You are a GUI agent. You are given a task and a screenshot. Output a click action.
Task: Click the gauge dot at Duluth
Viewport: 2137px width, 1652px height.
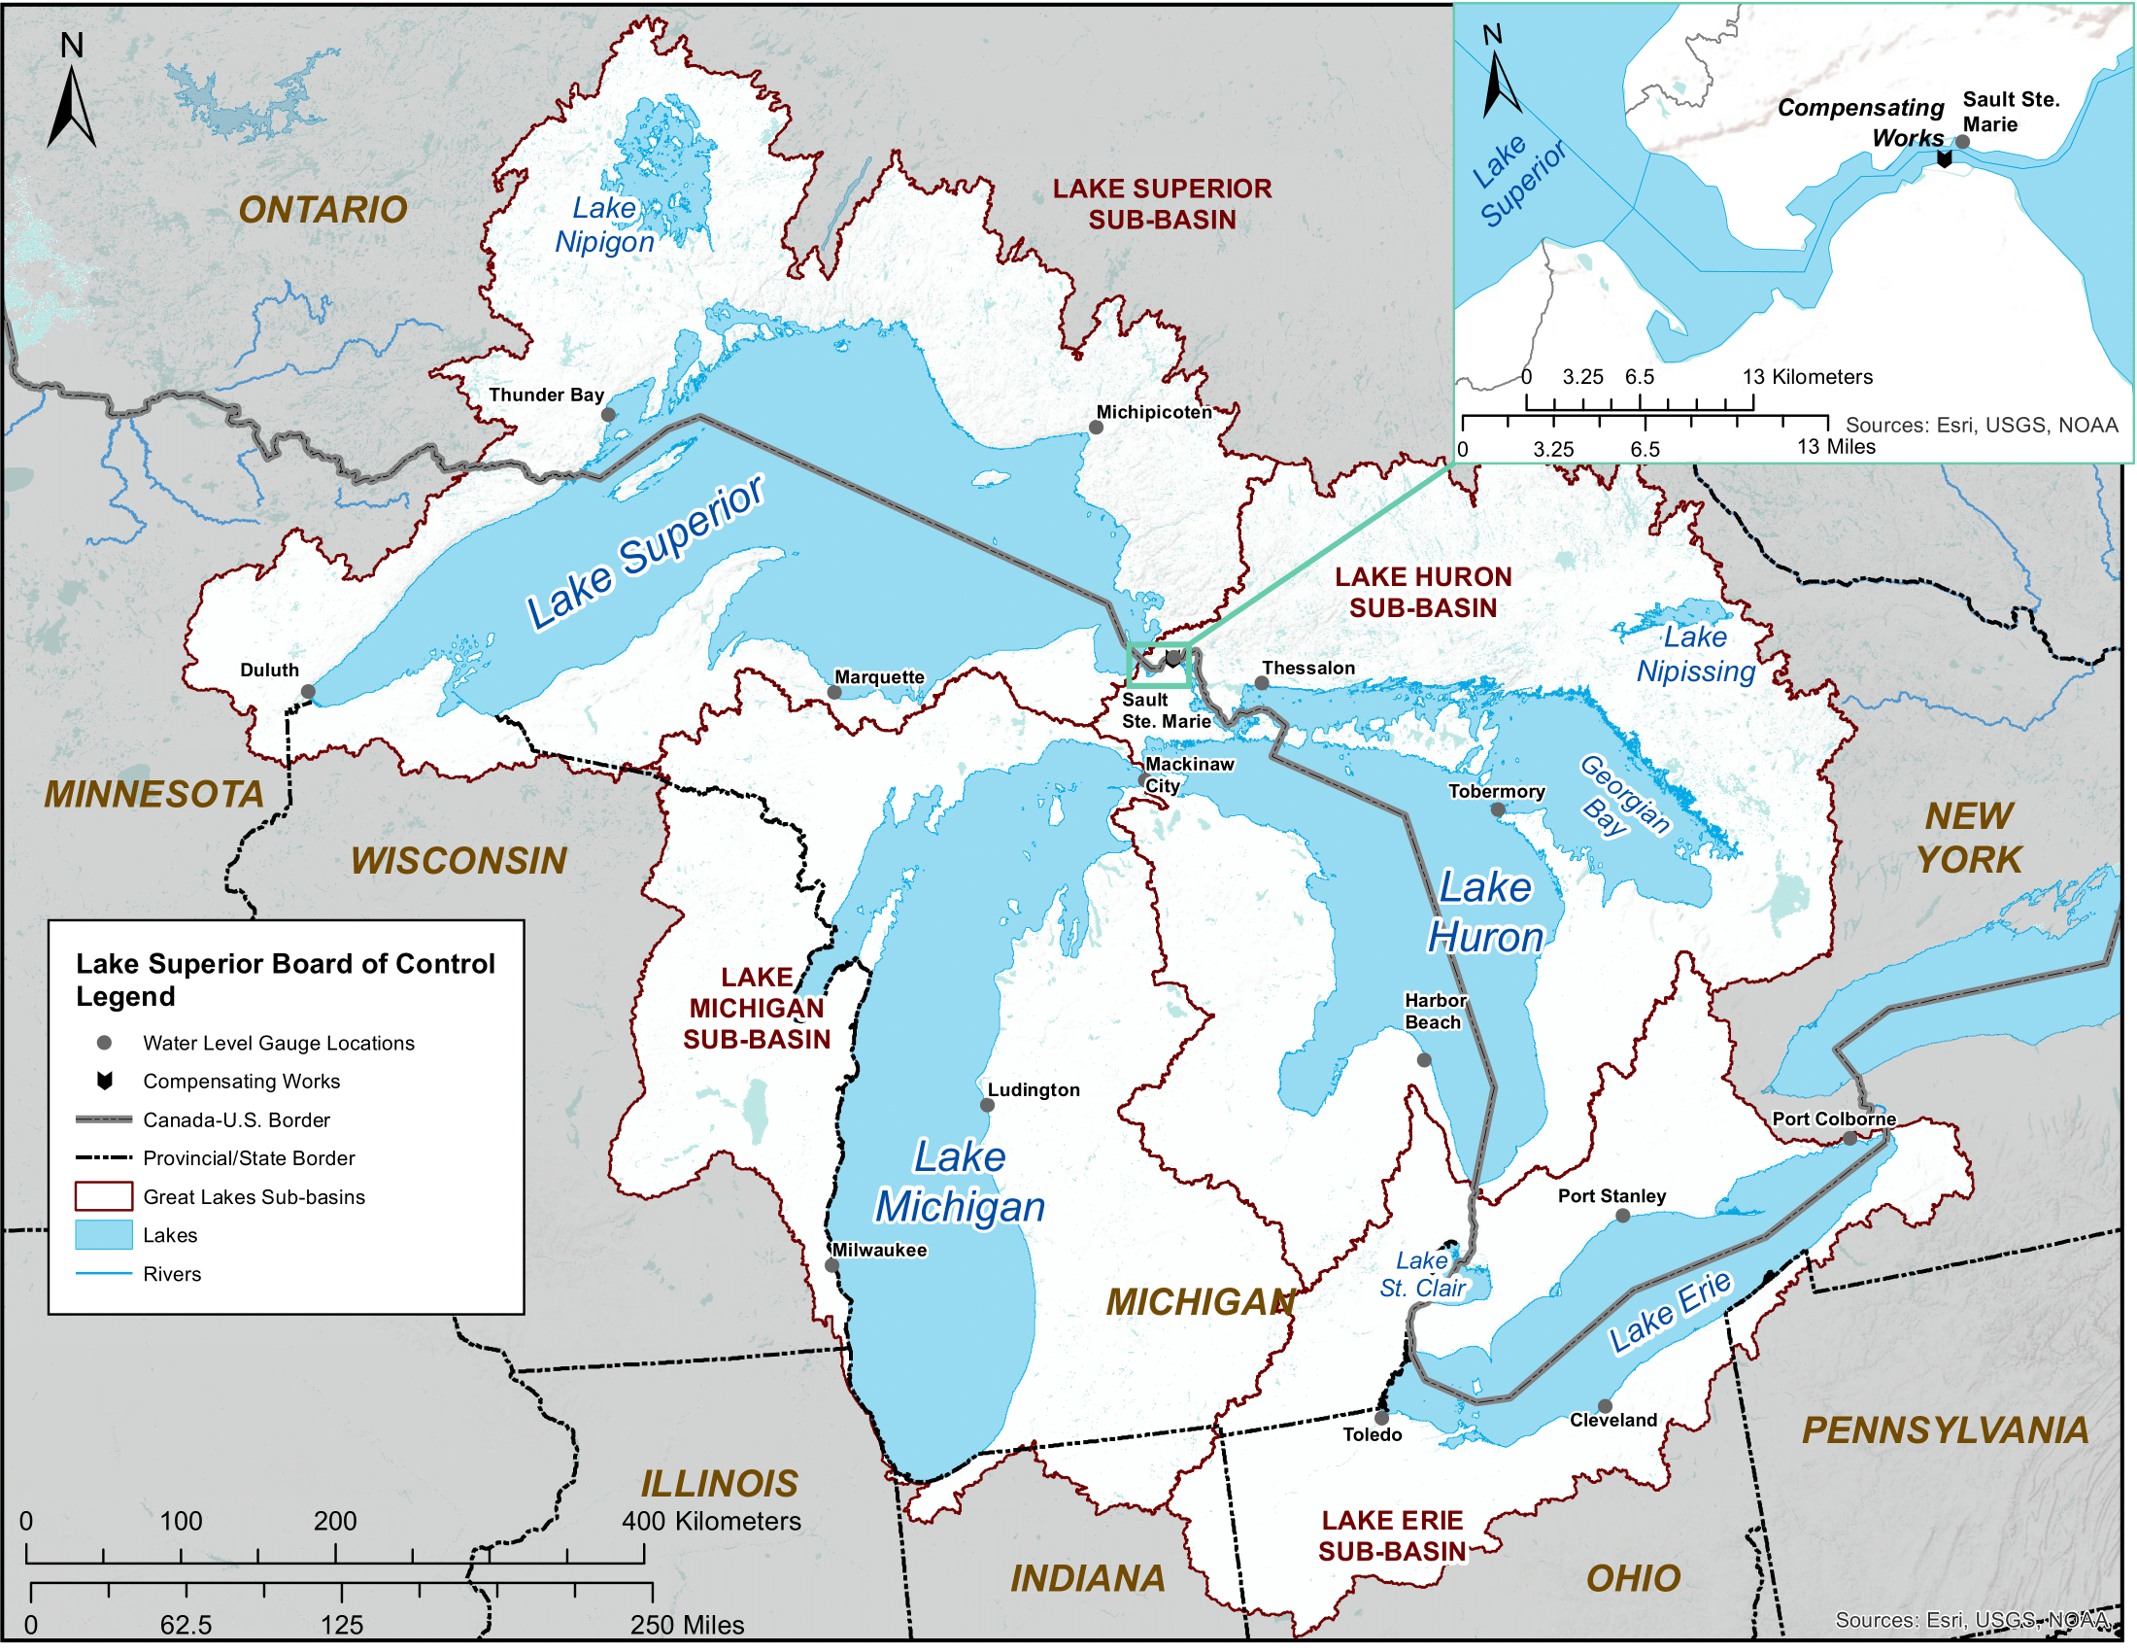308,692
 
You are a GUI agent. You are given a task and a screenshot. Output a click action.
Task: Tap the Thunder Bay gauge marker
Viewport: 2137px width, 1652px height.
608,415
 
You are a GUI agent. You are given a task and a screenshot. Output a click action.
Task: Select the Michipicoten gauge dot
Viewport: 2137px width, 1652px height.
1096,428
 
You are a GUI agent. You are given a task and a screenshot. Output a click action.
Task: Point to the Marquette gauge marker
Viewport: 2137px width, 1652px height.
833,692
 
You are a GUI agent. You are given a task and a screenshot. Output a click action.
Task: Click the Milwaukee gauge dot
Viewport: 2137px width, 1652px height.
831,1265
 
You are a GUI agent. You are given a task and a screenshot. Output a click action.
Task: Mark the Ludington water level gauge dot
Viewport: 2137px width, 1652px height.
987,1106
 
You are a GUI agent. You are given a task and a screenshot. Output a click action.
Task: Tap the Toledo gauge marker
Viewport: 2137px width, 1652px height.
1381,1418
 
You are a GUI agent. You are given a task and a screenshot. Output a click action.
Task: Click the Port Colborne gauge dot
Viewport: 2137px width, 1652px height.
1850,1138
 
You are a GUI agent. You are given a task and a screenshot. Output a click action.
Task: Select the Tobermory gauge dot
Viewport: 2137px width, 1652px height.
1498,809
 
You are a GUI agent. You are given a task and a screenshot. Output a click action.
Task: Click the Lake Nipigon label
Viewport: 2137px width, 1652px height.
604,224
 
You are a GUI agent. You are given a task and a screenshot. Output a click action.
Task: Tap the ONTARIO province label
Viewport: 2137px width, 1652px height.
322,210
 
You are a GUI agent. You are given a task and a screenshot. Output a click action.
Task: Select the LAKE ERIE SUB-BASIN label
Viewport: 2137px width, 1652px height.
1392,1535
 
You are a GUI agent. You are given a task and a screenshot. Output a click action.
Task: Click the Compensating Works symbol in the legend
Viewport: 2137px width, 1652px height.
105,1081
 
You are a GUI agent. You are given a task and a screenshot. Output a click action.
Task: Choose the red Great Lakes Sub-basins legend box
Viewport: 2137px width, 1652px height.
104,1196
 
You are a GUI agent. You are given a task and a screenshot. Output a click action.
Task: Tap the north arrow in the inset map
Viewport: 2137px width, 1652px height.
1500,79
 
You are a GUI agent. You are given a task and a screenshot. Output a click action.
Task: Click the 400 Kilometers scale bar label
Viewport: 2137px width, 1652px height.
711,1521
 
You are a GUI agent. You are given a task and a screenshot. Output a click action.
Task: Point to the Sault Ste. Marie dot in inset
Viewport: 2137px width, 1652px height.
1962,142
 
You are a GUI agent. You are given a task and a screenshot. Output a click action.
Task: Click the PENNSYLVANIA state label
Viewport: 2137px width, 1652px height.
1946,1430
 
